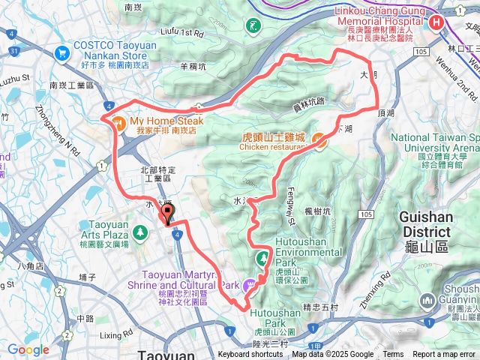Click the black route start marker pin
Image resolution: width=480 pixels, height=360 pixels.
tap(166, 215)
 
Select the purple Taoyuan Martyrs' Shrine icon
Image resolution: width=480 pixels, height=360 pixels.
tap(254, 283)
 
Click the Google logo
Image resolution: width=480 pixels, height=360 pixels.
tap(28, 349)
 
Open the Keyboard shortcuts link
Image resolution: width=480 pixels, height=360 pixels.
tap(250, 355)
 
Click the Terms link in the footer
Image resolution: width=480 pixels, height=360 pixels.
tap(393, 355)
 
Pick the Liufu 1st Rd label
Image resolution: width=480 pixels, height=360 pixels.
tap(182, 34)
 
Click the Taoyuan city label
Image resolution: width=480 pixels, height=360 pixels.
tap(166, 353)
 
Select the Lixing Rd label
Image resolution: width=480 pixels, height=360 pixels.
tap(115, 334)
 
